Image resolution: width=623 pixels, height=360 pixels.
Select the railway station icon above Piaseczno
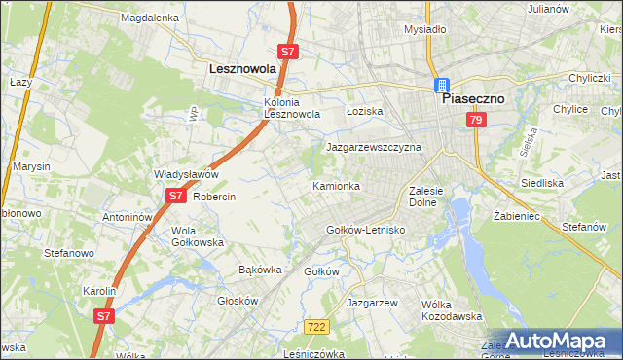442,85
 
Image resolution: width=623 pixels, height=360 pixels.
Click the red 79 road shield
476,120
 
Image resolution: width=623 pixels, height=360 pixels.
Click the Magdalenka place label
150,18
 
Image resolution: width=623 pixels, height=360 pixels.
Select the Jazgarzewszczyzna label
374,147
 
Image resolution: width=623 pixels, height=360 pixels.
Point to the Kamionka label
336,185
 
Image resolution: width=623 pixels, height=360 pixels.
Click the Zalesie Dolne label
427,197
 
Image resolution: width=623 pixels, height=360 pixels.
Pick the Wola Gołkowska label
198,236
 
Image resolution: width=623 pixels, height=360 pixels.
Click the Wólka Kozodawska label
452,310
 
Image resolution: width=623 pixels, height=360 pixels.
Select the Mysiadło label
424,29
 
